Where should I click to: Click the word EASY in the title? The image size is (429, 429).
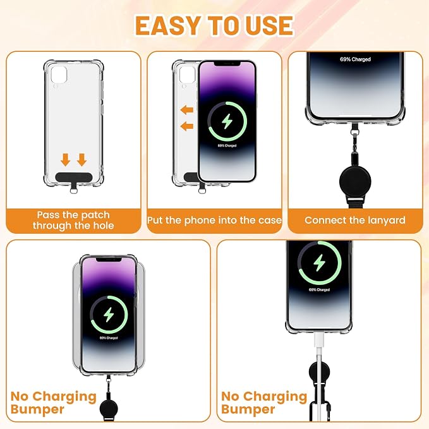click(x=167, y=25)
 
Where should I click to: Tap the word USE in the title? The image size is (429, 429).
click(x=270, y=25)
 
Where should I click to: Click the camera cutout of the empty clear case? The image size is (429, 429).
click(x=59, y=75)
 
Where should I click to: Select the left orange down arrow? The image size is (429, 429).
click(x=65, y=160)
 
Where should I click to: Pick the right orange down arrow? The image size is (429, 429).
click(x=82, y=160)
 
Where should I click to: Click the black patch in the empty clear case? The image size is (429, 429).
click(x=73, y=178)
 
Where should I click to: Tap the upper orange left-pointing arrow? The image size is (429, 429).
click(x=187, y=111)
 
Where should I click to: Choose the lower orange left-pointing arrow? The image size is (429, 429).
click(x=187, y=126)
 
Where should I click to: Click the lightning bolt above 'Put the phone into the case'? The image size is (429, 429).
click(x=227, y=121)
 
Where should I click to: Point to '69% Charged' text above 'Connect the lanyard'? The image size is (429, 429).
click(x=355, y=59)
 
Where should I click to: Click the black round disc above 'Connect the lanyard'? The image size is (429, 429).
click(x=355, y=181)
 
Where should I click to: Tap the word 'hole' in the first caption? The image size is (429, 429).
click(x=103, y=226)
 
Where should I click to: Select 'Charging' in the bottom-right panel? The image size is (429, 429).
click(x=275, y=397)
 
